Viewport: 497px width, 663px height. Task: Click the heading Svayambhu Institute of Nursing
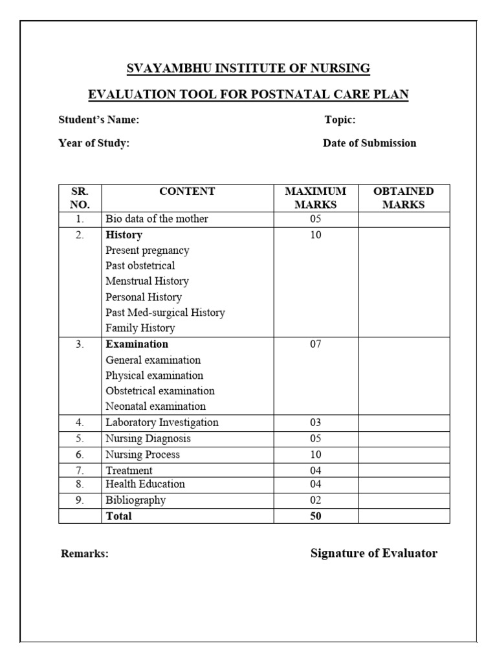pyautogui.click(x=248, y=68)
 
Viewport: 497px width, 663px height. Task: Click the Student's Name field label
pyautogui.click(x=99, y=120)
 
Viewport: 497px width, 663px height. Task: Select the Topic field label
pyautogui.click(x=340, y=120)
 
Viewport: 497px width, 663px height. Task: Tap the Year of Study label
pyautogui.click(x=94, y=143)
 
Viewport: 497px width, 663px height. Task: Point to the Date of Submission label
pyautogui.click(x=370, y=143)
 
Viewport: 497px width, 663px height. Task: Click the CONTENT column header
pyautogui.click(x=187, y=192)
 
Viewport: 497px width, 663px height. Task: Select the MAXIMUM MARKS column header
pyautogui.click(x=315, y=198)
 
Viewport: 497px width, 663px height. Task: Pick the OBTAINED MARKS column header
pyautogui.click(x=403, y=198)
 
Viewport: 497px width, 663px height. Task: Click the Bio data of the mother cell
pyautogui.click(x=157, y=219)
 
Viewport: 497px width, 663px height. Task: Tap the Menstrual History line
pyautogui.click(x=147, y=281)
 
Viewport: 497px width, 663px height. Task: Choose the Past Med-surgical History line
pyautogui.click(x=165, y=312)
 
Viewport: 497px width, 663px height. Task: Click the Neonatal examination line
pyautogui.click(x=155, y=407)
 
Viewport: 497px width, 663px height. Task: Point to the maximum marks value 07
pyautogui.click(x=315, y=344)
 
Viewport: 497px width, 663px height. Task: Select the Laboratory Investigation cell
pyautogui.click(x=162, y=422)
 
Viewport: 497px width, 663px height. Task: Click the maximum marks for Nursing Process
pyautogui.click(x=315, y=455)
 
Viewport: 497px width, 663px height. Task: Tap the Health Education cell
pyautogui.click(x=145, y=484)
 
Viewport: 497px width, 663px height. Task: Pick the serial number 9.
pyautogui.click(x=80, y=500)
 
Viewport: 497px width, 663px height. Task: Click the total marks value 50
pyautogui.click(x=315, y=516)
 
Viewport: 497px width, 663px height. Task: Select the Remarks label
pyautogui.click(x=85, y=554)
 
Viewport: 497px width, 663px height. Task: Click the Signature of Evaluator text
pyautogui.click(x=373, y=553)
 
